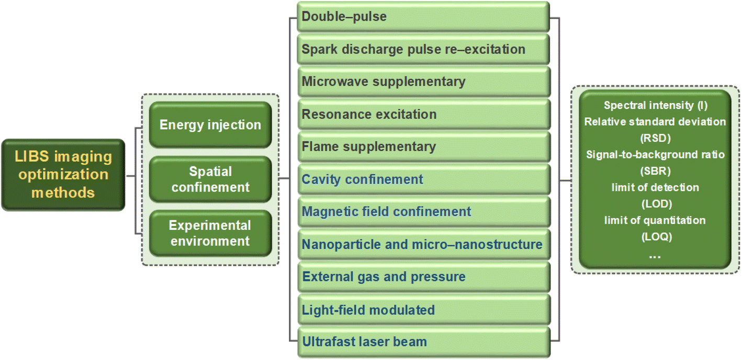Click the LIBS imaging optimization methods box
[x=63, y=175]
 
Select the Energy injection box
[x=210, y=125]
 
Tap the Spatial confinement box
[x=210, y=179]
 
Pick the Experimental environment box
[x=210, y=233]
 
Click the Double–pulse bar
[x=423, y=17]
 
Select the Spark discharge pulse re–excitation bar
[x=423, y=49]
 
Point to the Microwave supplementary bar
[x=424, y=82]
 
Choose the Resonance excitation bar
[x=424, y=114]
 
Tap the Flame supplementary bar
[x=424, y=147]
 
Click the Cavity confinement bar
[x=424, y=179]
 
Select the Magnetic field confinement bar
[x=424, y=211]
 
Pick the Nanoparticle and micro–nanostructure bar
[x=424, y=244]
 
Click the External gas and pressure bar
[x=424, y=277]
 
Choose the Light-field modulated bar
[x=424, y=310]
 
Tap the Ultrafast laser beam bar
[x=424, y=342]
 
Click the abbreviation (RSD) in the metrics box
[x=656, y=138]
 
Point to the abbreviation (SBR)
[x=656, y=171]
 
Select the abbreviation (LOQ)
[x=657, y=237]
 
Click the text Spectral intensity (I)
[x=656, y=105]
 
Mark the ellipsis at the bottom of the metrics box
[x=655, y=257]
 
